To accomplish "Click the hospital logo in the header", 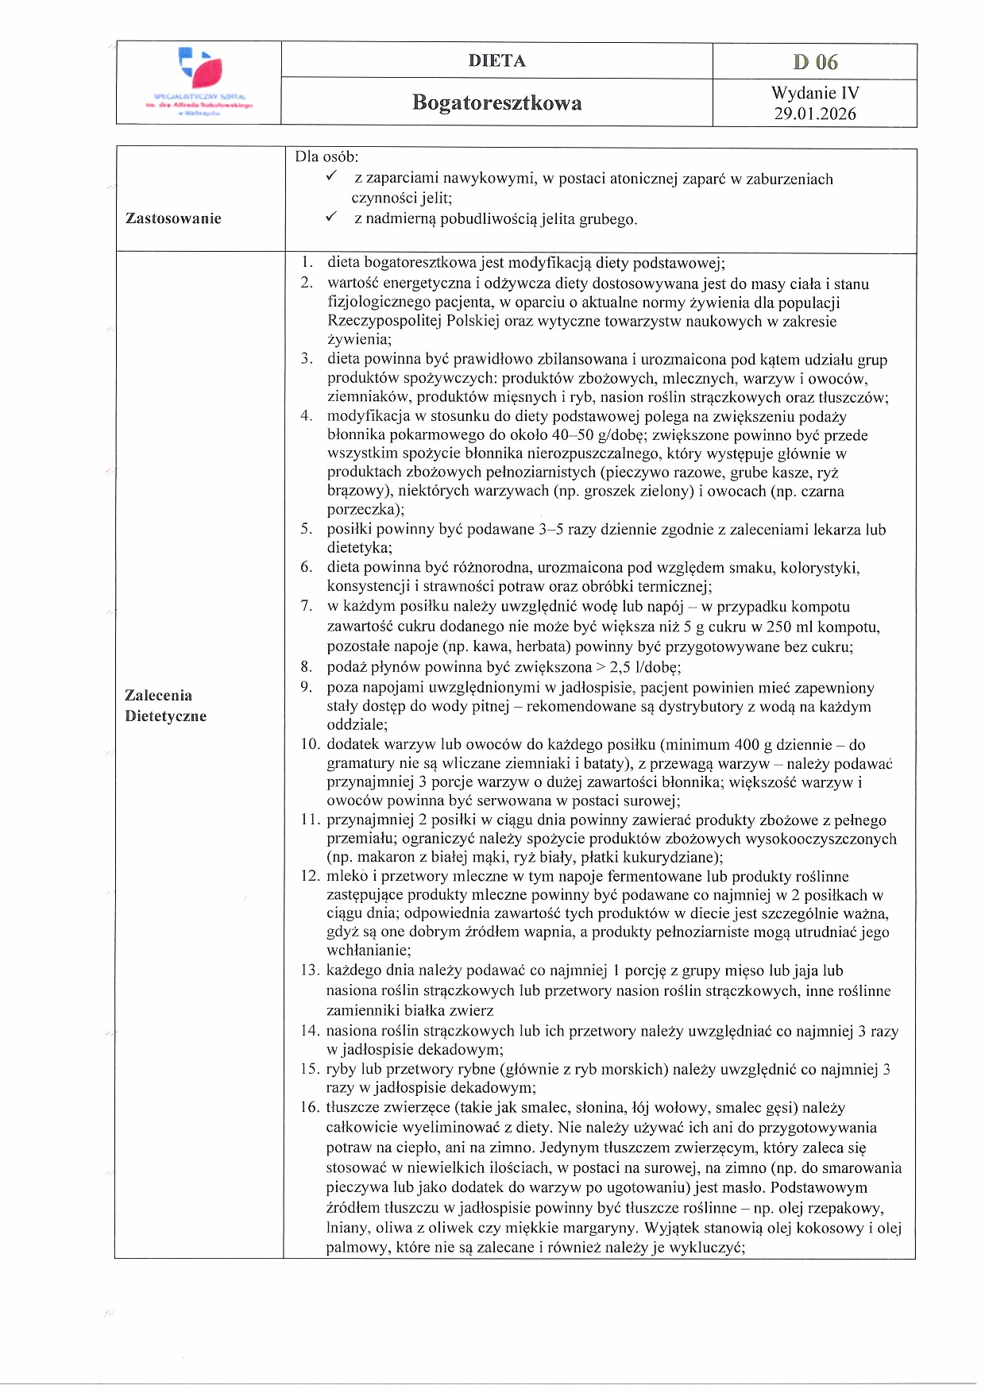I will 199,83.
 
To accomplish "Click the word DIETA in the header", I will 496,61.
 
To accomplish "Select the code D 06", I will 815,62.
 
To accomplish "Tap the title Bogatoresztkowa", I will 496,102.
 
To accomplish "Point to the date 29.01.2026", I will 815,114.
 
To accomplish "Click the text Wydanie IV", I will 815,93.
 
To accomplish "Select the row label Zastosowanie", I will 173,218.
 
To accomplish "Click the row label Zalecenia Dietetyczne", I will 165,705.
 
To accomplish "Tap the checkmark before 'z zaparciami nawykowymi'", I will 332,176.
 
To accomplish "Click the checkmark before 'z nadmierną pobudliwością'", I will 332,217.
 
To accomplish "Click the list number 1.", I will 306,262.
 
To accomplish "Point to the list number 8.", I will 306,666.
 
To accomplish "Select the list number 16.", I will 309,1107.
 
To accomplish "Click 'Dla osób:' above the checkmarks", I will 326,156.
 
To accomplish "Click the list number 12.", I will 309,876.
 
